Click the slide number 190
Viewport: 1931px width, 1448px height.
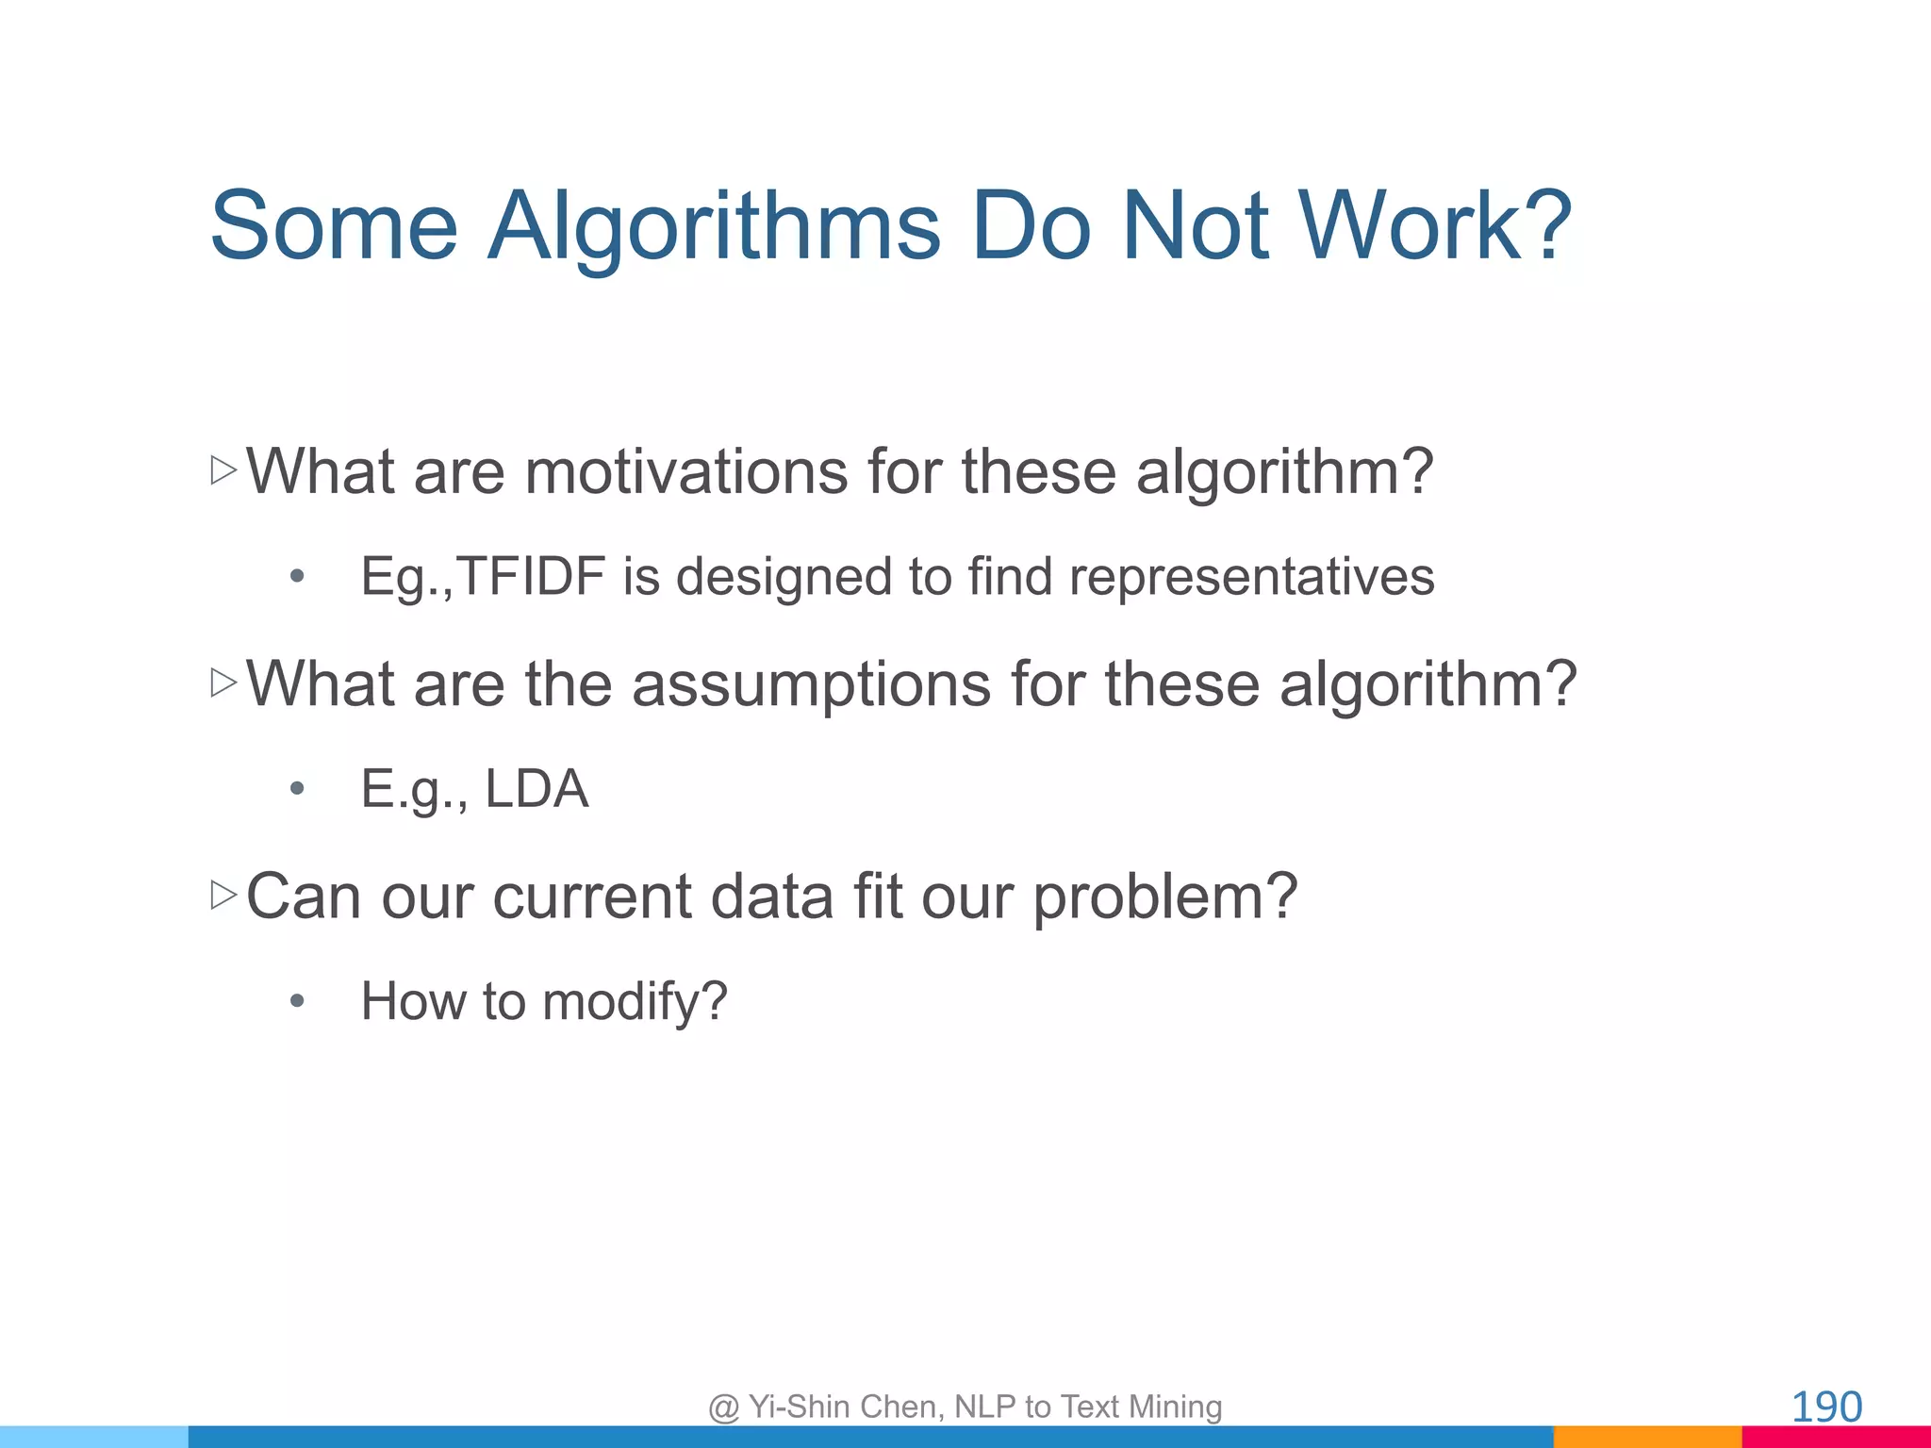1825,1407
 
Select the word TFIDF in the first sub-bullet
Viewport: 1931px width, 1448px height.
532,576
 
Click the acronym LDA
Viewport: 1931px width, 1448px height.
536,788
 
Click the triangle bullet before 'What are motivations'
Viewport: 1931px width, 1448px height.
223,470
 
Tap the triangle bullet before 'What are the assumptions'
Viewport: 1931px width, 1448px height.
223,683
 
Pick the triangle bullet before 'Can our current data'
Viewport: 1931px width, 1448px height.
223,895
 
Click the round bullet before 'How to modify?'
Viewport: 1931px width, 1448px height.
297,1000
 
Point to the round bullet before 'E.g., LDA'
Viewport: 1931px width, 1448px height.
297,788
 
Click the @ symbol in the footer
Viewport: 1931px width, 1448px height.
723,1407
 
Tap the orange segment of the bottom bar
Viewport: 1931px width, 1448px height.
1646,1437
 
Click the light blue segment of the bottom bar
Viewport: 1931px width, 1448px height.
94,1437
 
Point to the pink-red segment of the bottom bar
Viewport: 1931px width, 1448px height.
1836,1437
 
